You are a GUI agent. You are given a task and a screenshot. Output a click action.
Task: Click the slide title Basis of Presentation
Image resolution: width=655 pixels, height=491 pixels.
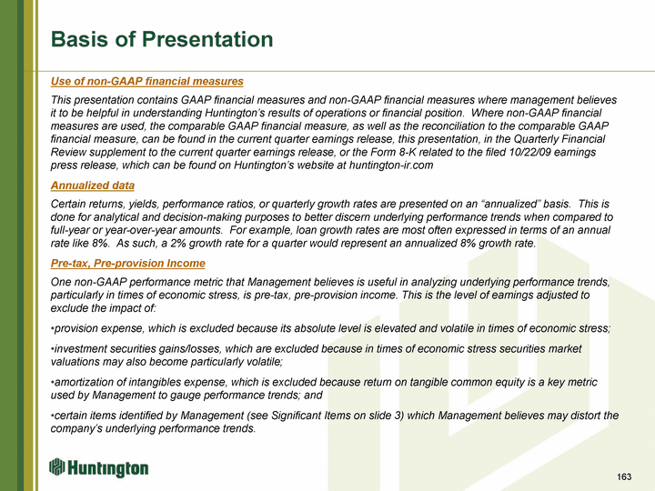pos(162,39)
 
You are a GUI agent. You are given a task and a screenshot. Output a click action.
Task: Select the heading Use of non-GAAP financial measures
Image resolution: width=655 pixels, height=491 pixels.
pos(147,81)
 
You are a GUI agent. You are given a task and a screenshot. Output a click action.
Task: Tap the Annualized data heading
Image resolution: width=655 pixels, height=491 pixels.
pos(93,185)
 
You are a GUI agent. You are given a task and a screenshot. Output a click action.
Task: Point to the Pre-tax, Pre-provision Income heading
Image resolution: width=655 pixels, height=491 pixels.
pos(128,263)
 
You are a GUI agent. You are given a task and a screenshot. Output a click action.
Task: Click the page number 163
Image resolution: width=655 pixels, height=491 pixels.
pos(624,476)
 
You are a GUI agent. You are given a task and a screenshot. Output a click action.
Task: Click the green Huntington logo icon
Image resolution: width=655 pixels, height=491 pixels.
pos(57,466)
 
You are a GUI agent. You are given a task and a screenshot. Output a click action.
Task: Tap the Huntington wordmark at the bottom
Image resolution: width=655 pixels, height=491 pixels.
pos(107,468)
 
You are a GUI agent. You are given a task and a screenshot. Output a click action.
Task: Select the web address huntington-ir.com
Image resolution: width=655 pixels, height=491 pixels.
pos(391,165)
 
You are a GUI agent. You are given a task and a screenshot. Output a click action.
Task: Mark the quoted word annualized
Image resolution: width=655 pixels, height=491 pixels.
pos(509,205)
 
